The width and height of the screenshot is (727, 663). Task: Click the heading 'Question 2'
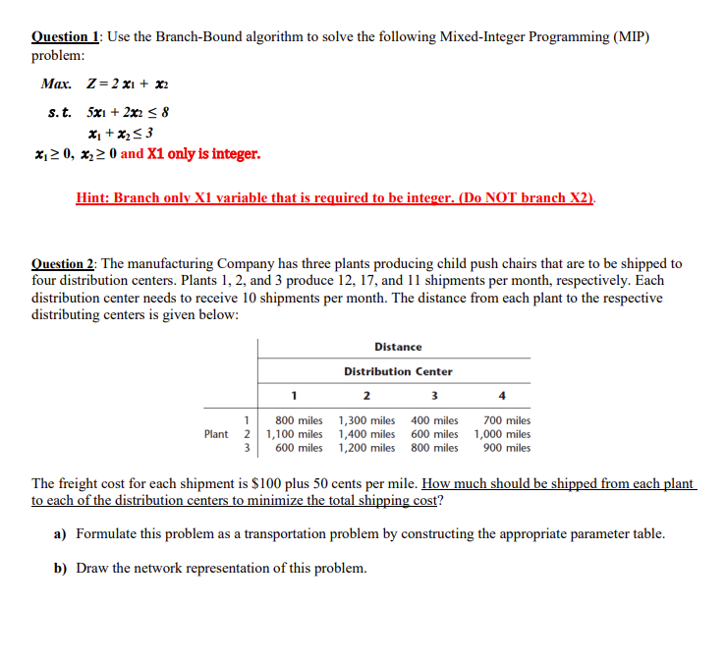66,263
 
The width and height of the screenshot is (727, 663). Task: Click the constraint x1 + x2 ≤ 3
121,133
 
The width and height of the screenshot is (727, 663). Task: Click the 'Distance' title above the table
398,347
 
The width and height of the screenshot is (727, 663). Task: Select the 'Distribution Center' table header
398,371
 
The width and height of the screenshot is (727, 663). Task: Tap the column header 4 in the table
503,397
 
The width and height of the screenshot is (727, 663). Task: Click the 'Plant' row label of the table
216,434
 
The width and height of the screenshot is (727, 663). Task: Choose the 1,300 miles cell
366,420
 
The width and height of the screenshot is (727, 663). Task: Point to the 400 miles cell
434,420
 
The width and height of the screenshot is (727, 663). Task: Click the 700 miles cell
507,420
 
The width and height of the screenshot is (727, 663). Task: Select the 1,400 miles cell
366,434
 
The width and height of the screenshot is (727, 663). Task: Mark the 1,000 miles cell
502,434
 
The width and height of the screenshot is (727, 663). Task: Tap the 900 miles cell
507,448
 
